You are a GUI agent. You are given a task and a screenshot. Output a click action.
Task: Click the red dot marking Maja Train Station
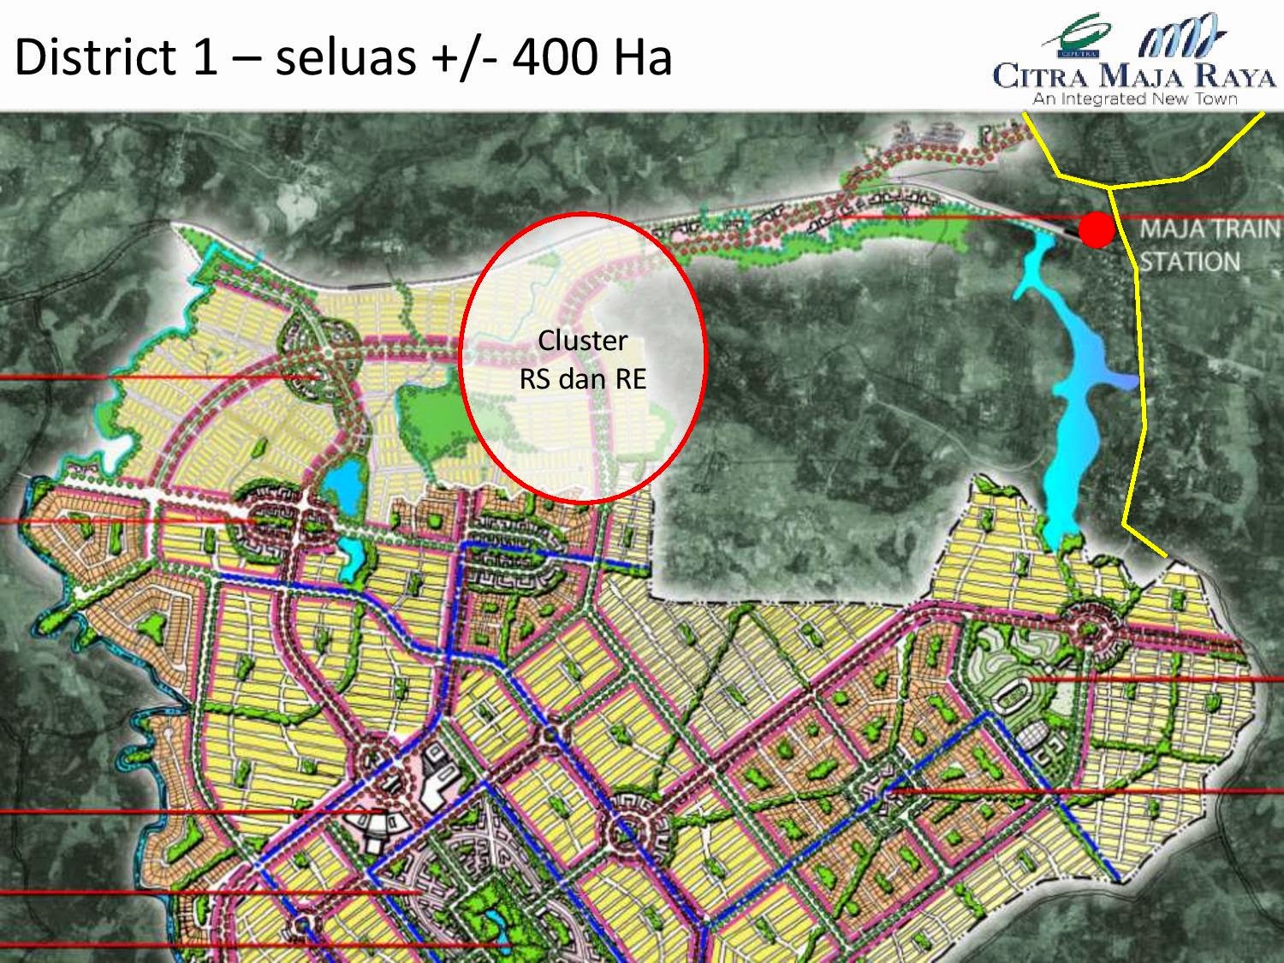(x=1096, y=229)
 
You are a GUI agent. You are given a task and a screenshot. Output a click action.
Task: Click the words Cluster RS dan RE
(x=582, y=360)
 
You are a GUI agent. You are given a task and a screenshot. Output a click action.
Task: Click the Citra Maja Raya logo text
(x=1134, y=78)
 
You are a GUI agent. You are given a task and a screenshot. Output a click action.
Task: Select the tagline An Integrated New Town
(x=1134, y=99)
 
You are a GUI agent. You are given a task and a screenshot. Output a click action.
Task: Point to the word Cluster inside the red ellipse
(x=582, y=341)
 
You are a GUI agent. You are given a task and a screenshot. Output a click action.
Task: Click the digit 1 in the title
(x=204, y=57)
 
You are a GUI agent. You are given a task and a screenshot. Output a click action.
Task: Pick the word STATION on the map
(x=1190, y=261)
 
